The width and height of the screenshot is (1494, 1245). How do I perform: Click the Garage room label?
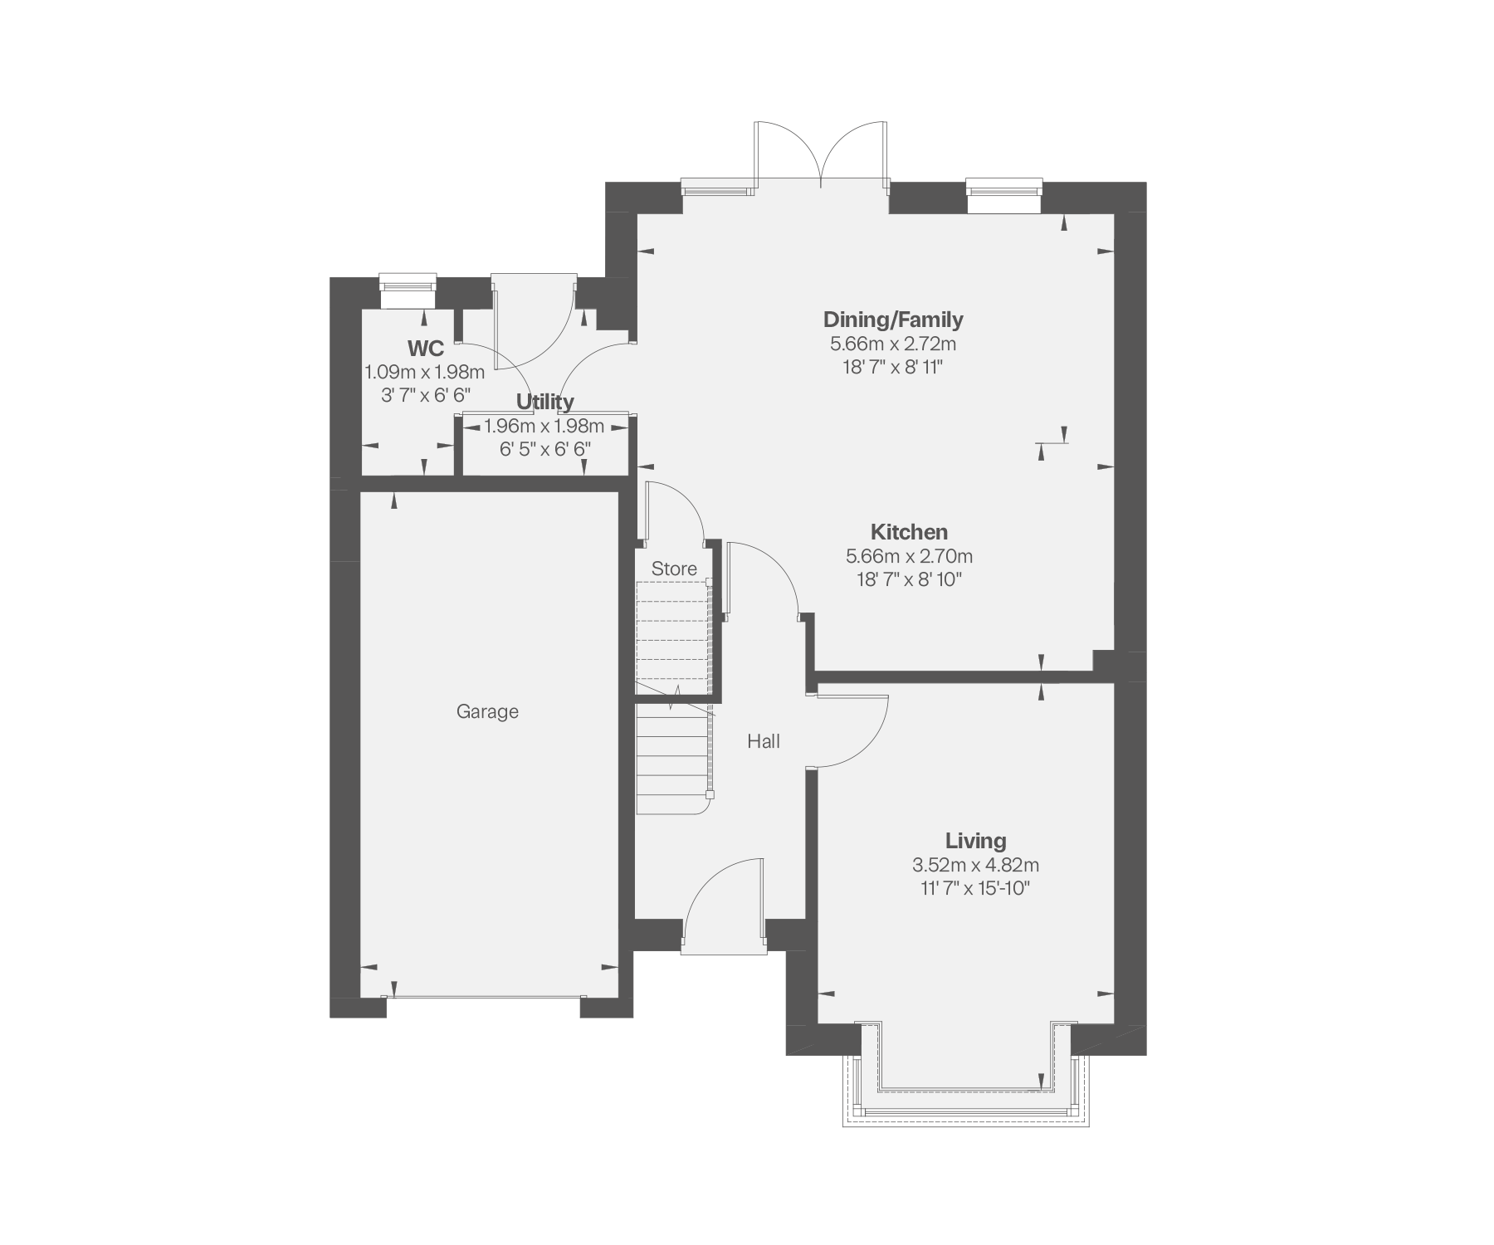point(487,711)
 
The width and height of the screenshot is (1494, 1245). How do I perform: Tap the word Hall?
point(764,741)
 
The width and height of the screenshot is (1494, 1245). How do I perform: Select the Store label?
point(674,569)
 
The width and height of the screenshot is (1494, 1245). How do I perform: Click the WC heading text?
point(425,349)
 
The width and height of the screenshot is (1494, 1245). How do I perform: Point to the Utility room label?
point(545,403)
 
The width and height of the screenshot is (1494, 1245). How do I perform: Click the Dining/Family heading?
point(893,320)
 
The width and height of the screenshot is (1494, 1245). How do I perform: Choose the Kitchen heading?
point(909,532)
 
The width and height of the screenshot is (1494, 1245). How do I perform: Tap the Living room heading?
point(976,841)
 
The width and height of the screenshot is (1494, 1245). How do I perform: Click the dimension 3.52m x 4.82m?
point(976,865)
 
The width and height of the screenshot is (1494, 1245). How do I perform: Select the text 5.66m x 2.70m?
point(909,555)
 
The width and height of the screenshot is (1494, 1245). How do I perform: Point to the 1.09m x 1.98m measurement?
point(425,372)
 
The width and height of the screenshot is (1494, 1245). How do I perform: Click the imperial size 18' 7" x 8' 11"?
point(893,366)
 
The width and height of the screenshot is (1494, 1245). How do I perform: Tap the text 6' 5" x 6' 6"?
point(545,449)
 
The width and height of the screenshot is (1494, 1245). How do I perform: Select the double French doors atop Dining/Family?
point(821,154)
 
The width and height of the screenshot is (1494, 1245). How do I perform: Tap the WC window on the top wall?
point(408,285)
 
